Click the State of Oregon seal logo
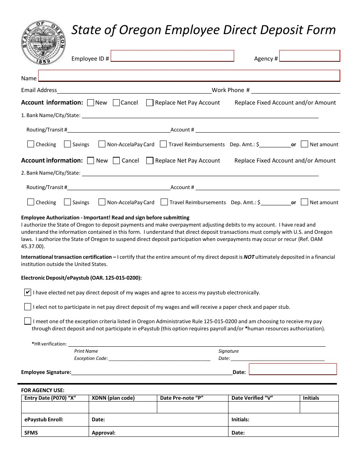44,43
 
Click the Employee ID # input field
172,56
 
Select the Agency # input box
310,56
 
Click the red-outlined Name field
189,75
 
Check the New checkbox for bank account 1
91,103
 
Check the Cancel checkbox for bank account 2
117,161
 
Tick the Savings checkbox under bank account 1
67,144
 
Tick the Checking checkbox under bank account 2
31,202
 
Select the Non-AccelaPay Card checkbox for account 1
102,144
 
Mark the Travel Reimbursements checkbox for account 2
164,202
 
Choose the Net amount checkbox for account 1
304,144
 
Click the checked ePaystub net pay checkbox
28,292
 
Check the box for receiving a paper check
28,306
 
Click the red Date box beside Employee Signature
293,369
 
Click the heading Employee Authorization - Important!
105,217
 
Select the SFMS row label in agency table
31,433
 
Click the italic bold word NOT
249,257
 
